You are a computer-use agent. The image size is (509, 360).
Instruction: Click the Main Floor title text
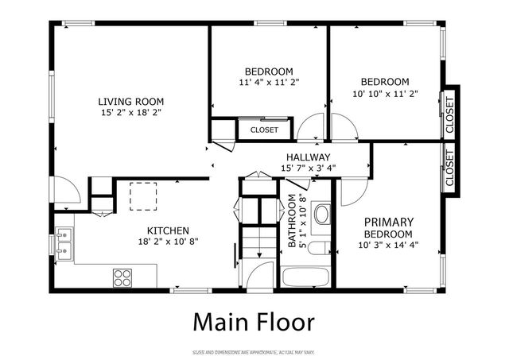coord(254,323)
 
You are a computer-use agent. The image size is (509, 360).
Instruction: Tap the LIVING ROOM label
coord(130,102)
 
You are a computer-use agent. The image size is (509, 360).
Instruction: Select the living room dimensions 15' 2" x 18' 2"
coord(130,114)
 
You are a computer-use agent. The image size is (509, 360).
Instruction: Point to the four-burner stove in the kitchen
coord(123,277)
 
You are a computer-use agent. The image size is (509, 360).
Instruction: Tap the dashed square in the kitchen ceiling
coord(144,195)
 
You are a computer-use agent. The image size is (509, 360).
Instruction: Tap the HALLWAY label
coord(308,157)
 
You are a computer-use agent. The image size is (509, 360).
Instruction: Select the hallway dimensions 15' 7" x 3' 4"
coord(308,168)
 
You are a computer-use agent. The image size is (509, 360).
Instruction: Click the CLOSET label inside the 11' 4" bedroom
coord(264,130)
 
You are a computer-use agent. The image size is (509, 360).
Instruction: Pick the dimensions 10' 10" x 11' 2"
coord(385,93)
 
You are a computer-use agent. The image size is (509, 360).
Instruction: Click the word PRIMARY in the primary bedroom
coord(388,222)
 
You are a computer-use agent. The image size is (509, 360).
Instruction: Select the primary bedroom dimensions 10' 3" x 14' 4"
coord(388,245)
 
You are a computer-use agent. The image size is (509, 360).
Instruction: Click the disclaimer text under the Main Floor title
coord(254,350)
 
